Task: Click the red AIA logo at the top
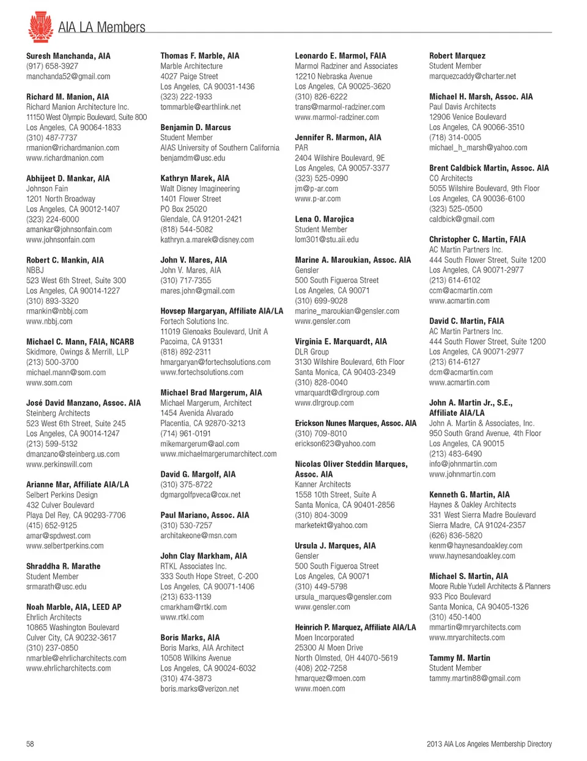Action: [x=40, y=27]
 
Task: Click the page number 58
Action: [x=30, y=744]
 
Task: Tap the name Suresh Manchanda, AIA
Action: [x=68, y=56]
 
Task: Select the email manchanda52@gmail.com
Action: [x=68, y=76]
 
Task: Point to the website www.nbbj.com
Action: [x=49, y=321]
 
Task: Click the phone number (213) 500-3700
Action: [x=52, y=362]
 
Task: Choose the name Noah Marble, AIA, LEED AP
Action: [x=73, y=607]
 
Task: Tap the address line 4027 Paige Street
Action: [x=189, y=76]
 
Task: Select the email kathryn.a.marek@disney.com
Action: [x=207, y=240]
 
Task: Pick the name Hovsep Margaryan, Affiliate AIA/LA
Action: [x=221, y=311]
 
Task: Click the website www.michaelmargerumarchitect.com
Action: [x=218, y=454]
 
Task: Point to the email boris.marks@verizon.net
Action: [x=199, y=688]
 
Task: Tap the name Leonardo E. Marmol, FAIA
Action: [x=340, y=56]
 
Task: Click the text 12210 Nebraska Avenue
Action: [x=333, y=76]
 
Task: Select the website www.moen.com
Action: [x=320, y=688]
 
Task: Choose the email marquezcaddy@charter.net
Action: [x=472, y=76]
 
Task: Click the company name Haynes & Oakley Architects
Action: [x=472, y=505]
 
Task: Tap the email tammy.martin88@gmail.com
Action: [x=474, y=678]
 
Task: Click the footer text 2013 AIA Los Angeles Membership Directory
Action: [x=489, y=744]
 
